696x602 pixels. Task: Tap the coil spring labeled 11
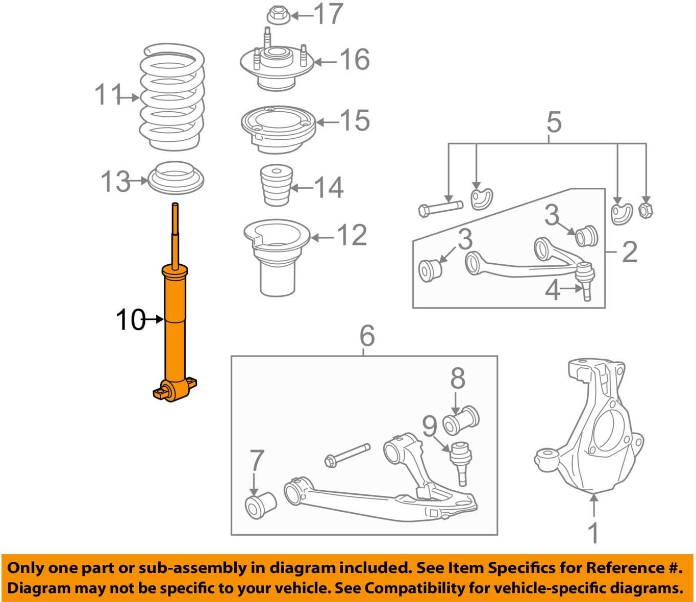tap(172, 97)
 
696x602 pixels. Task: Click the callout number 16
tap(354, 60)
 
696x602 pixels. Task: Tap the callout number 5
tap(554, 122)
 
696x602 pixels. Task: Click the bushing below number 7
tap(260, 505)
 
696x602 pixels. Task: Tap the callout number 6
tap(367, 336)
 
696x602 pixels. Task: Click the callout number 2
tap(630, 252)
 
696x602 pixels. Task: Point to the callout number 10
tap(131, 320)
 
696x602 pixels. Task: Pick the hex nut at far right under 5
tap(645, 209)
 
